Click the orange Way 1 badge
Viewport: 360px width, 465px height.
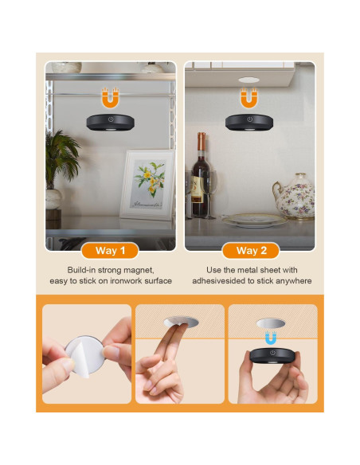click(110, 250)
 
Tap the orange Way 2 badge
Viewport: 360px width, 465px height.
click(250, 250)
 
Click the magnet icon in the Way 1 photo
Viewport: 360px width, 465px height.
click(110, 99)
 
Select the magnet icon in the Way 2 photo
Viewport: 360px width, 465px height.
click(249, 98)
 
